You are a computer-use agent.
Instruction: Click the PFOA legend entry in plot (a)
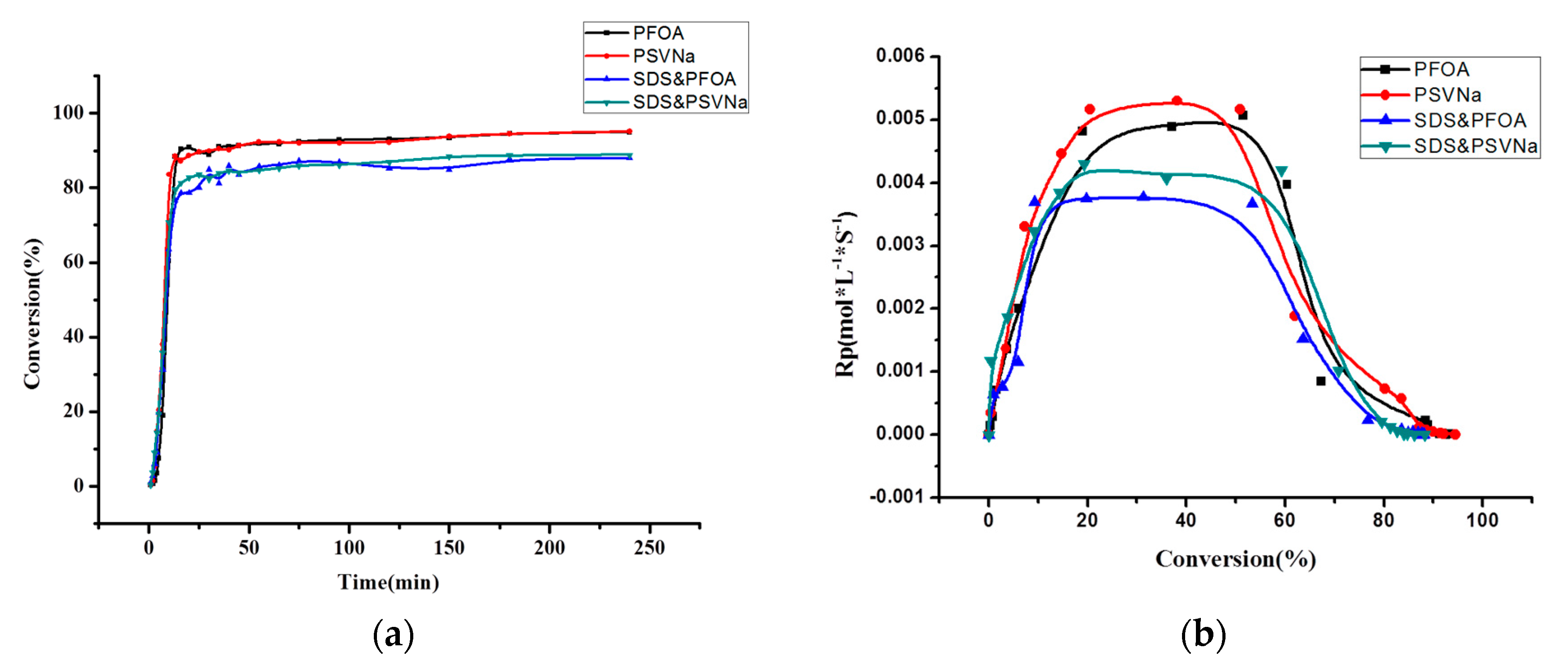(657, 33)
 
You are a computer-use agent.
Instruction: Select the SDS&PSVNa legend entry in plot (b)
(1475, 146)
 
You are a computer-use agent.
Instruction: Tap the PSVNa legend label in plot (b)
(1447, 95)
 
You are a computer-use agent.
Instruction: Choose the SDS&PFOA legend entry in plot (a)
(683, 79)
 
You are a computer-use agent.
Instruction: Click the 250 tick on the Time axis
(649, 547)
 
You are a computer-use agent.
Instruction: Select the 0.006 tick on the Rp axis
(900, 56)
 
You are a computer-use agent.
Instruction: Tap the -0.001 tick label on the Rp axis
(897, 497)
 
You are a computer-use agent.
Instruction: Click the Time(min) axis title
(388, 582)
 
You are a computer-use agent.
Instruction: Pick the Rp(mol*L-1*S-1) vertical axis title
(845, 294)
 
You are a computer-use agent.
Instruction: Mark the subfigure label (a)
(394, 635)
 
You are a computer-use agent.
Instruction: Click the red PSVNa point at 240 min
(629, 132)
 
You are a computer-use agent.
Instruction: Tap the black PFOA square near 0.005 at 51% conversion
(1243, 115)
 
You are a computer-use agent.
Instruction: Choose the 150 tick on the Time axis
(449, 547)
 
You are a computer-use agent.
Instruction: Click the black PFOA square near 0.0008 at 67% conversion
(1321, 381)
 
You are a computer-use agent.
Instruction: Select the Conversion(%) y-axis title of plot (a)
(32, 313)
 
